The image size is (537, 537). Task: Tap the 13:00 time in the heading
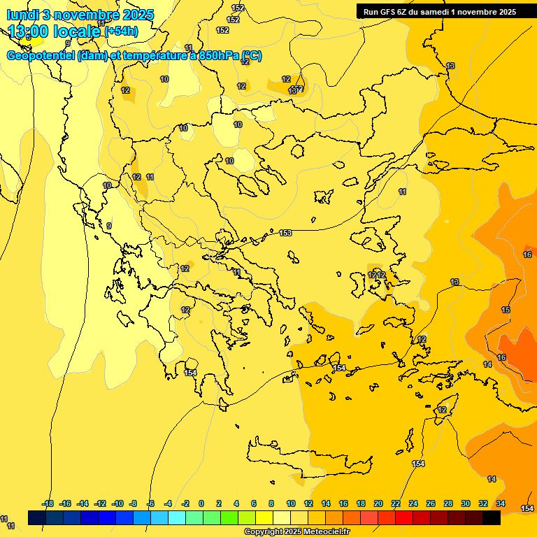pos(29,31)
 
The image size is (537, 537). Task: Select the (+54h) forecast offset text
pos(121,31)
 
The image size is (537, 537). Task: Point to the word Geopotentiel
pos(41,56)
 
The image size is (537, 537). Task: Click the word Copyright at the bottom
pos(262,532)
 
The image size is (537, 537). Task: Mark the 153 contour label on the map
pos(285,233)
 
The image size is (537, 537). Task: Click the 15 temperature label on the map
pos(506,310)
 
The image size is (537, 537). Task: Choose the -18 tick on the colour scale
pos(47,503)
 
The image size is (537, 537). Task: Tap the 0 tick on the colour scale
pos(201,503)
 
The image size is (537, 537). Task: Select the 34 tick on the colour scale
pos(501,503)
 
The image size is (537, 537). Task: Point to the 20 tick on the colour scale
pos(378,503)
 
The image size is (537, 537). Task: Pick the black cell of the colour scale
pos(491,517)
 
